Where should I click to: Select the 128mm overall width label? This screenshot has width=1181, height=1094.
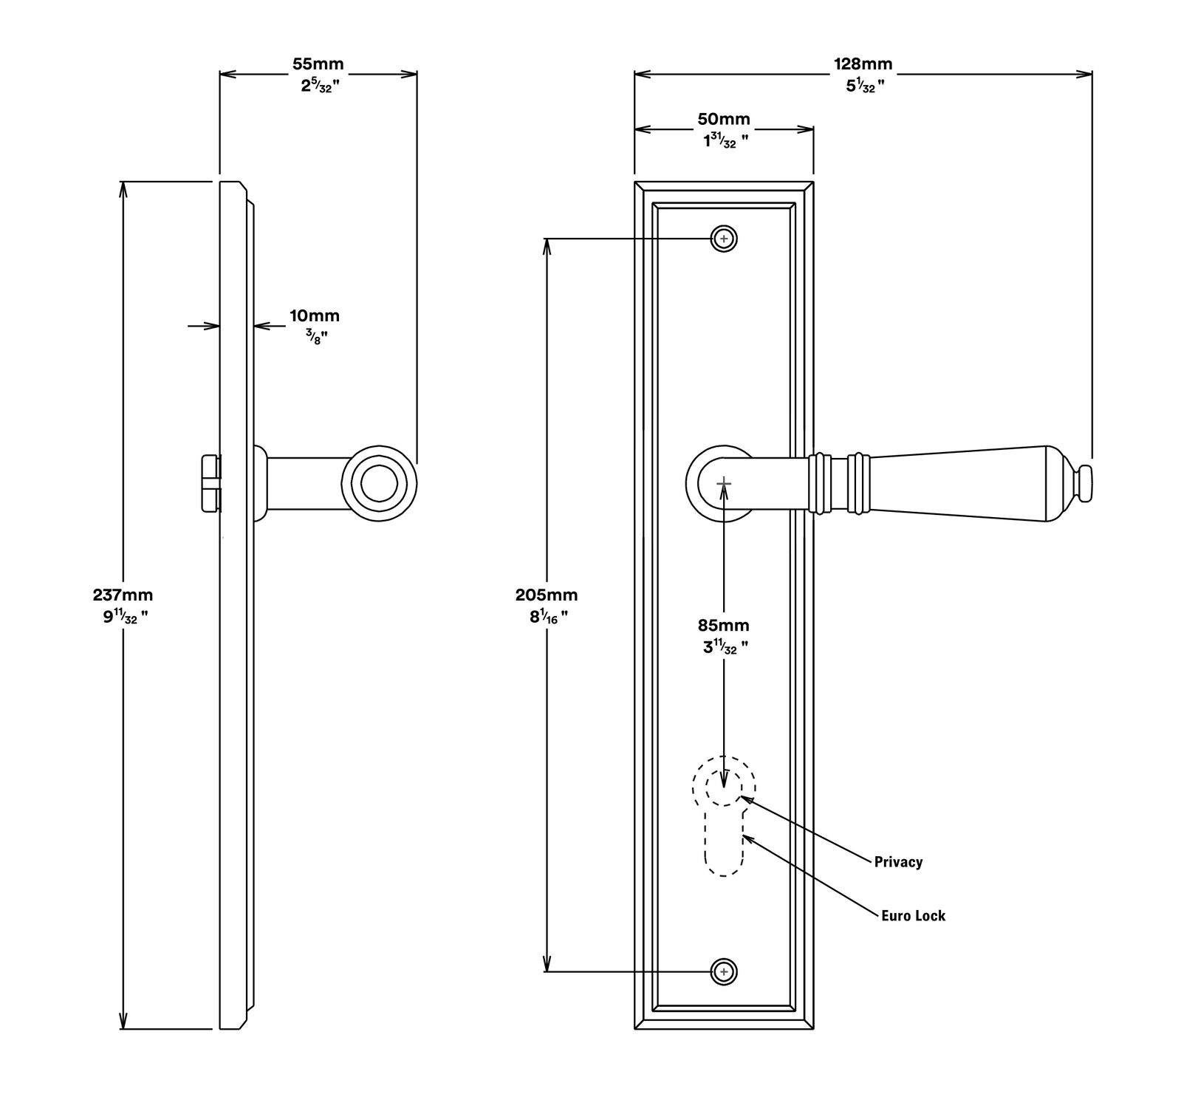click(863, 64)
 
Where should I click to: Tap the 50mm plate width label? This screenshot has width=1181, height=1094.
click(724, 118)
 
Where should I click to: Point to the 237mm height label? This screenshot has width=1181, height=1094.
click(123, 594)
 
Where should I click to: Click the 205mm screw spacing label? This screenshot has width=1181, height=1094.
click(547, 594)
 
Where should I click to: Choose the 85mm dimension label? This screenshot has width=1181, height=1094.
click(724, 625)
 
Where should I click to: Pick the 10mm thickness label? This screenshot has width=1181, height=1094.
click(315, 316)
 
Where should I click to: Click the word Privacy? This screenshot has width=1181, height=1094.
click(898, 861)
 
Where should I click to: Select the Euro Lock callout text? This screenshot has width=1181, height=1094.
click(913, 915)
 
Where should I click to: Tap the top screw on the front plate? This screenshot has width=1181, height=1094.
click(724, 239)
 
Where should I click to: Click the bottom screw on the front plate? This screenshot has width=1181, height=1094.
click(724, 971)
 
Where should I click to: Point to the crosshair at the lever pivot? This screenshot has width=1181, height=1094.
click(724, 483)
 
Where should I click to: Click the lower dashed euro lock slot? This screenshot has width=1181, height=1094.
click(724, 842)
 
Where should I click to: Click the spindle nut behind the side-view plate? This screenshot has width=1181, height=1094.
click(211, 483)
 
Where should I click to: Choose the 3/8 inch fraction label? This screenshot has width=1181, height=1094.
click(314, 338)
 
